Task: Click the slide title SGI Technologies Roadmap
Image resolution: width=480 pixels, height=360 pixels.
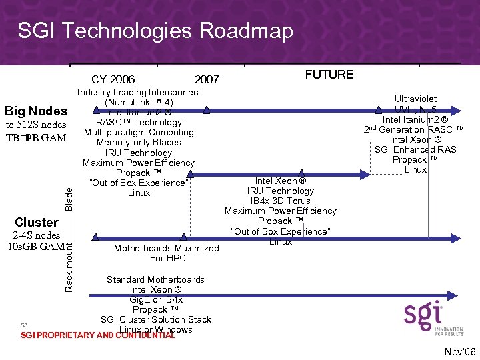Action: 155,31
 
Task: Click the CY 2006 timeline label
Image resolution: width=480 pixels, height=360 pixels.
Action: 113,80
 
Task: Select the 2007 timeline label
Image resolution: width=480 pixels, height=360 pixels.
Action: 207,80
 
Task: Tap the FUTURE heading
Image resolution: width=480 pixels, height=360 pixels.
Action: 329,75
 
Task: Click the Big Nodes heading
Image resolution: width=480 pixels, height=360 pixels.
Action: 36,111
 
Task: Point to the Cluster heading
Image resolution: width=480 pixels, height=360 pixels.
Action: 36,222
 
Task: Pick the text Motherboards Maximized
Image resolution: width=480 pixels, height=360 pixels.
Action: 166,248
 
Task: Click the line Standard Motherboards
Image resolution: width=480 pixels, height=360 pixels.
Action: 155,279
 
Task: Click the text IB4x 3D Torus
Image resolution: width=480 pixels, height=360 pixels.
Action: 281,201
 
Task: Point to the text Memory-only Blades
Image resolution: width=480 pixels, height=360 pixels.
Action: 139,143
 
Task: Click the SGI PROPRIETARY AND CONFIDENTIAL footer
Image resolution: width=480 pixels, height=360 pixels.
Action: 98,335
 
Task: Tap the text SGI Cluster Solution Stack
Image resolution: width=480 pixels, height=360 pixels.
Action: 156,319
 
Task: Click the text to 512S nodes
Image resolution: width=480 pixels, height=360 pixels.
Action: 36,125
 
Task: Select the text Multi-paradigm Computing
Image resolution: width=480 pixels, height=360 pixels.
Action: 139,132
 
